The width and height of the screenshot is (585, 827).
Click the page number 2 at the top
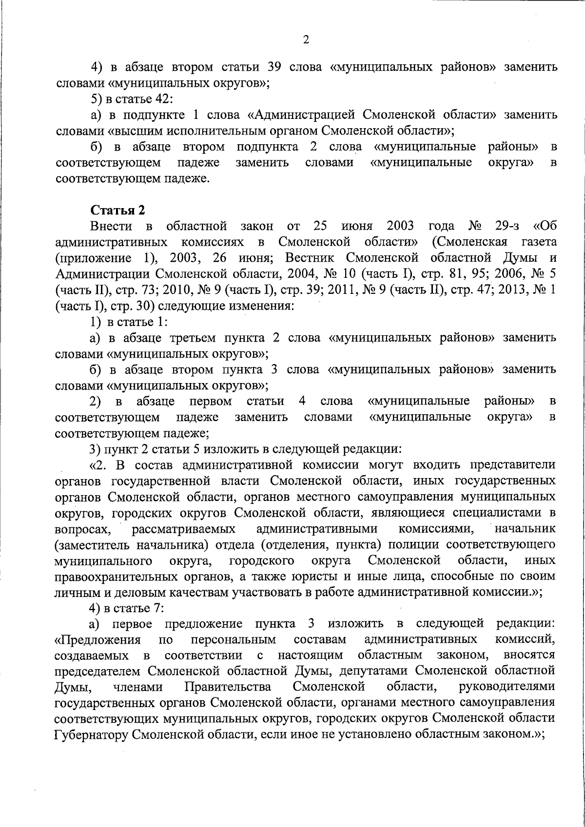306,40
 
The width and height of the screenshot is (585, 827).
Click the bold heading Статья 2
118,211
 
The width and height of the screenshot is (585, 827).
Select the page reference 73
130,291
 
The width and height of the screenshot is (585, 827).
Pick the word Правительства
228,687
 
